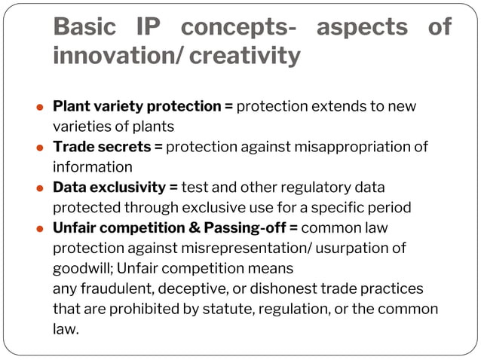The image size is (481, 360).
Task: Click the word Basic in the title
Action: [x=84, y=27]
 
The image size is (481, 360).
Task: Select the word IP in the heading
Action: [x=155, y=27]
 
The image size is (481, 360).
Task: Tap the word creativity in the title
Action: [x=247, y=56]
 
